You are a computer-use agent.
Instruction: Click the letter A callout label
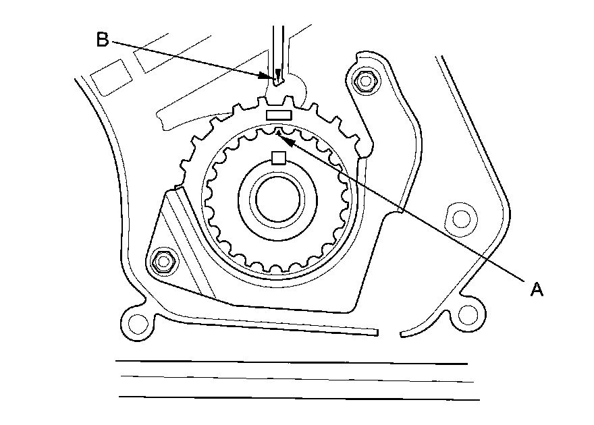pyautogui.click(x=537, y=289)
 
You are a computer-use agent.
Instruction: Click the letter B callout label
pyautogui.click(x=102, y=40)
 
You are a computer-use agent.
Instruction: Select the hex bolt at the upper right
pyautogui.click(x=365, y=80)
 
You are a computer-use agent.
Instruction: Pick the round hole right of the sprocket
pyautogui.click(x=460, y=218)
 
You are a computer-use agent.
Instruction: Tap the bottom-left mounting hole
pyautogui.click(x=137, y=322)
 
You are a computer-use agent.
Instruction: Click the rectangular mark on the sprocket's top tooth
pyautogui.click(x=279, y=115)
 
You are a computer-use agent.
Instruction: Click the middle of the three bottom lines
pyautogui.click(x=297, y=379)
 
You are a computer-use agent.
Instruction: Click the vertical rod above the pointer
pyautogui.click(x=277, y=47)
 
